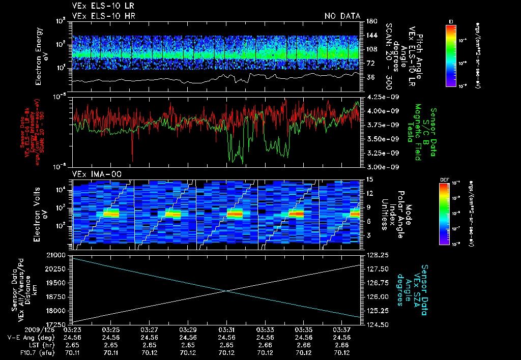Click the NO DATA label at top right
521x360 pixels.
342,16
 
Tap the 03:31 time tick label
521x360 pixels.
226,329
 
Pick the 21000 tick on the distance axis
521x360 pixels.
62,254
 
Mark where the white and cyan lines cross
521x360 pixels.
226,290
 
